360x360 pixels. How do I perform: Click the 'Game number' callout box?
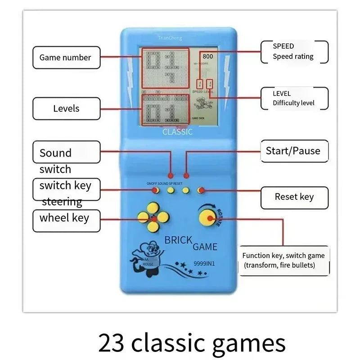click(66, 58)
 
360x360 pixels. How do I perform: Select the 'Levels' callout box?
click(66, 108)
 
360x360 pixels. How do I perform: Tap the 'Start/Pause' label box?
click(293, 151)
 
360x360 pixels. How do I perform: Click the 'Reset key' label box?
click(294, 197)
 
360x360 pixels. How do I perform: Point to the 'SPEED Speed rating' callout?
click(294, 51)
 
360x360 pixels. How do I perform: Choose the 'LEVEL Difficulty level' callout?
click(294, 98)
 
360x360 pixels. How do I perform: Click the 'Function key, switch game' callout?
click(284, 260)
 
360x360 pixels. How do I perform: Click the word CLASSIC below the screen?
click(177, 132)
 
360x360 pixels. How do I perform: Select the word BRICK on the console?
click(178, 240)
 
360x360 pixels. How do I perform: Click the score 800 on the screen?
click(207, 56)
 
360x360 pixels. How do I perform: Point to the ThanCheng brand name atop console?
click(170, 38)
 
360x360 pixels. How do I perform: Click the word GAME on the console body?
click(205, 247)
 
